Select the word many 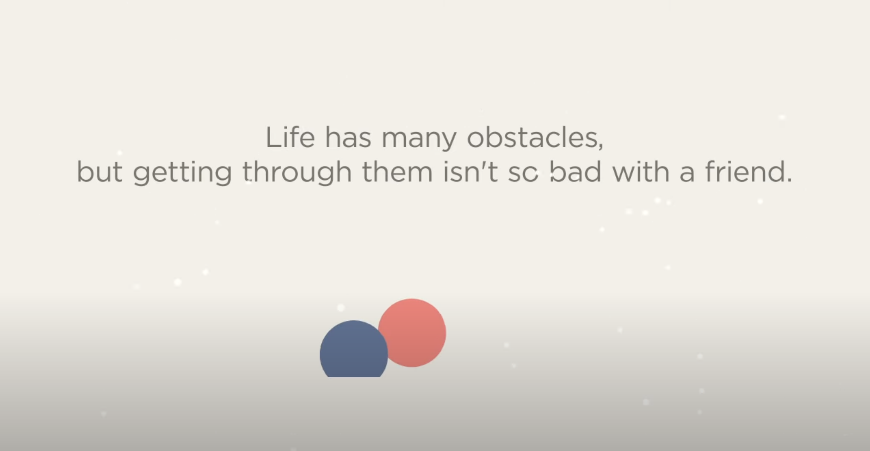click(x=419, y=140)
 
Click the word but click(x=100, y=171)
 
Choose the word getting click(x=182, y=173)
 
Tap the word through click(x=297, y=173)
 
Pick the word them click(x=397, y=171)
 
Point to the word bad click(x=576, y=171)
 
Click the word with click(x=641, y=171)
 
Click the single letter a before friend click(x=687, y=174)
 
